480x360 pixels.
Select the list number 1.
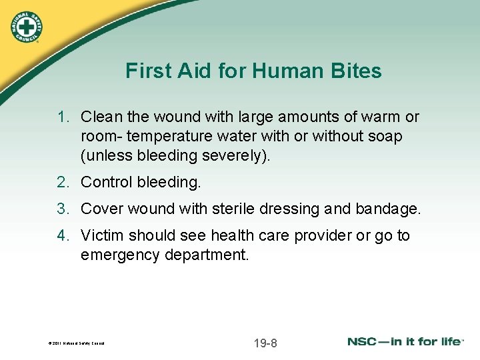point(63,117)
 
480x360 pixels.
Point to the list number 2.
point(63,182)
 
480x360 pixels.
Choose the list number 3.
point(63,209)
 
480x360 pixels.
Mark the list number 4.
point(63,236)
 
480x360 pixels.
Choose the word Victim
point(102,236)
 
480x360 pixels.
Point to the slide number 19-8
point(265,343)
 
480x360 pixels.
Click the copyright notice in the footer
point(77,344)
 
